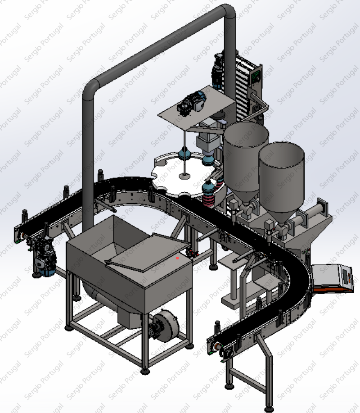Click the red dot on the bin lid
point(177,258)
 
